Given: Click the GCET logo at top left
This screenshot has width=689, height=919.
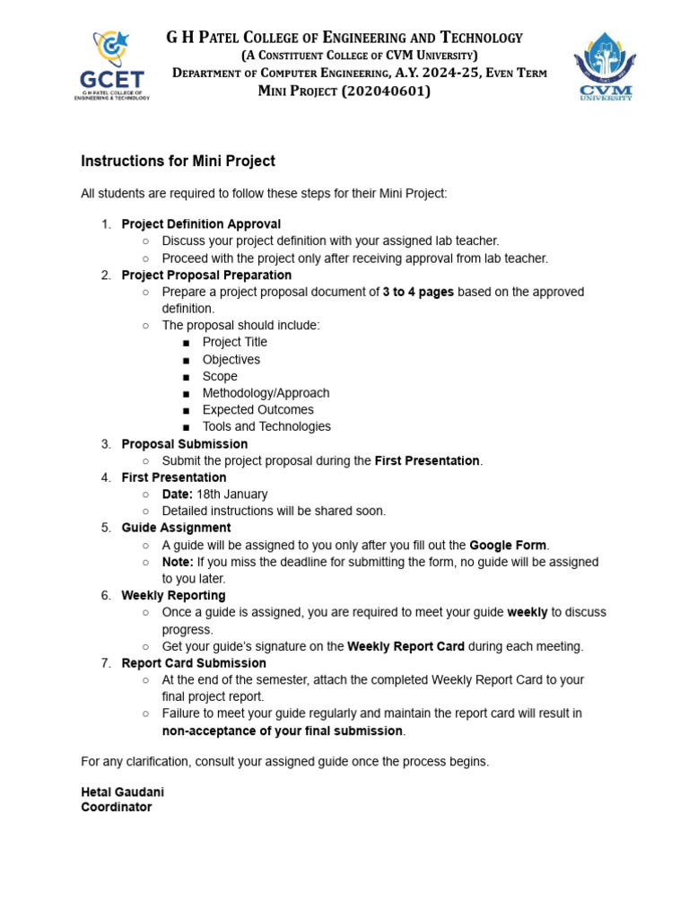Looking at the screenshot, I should (110, 65).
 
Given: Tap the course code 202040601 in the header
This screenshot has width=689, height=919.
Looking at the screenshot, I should (386, 91).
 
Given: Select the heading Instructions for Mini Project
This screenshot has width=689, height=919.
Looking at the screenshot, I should (178, 162).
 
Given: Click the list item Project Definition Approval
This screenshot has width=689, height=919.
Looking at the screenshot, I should (201, 224).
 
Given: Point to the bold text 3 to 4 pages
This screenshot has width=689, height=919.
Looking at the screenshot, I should (418, 292).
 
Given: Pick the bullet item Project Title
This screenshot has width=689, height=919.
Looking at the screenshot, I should (234, 342).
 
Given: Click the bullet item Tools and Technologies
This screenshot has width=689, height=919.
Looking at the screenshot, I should (266, 426).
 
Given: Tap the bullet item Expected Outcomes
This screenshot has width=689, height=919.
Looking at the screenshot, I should (257, 410).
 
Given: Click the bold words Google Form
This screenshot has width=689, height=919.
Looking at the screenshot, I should (508, 545).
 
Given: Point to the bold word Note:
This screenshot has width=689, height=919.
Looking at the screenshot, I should (178, 562).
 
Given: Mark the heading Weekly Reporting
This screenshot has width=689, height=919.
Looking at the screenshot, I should (173, 596).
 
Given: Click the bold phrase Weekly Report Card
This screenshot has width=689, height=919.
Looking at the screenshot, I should (406, 646).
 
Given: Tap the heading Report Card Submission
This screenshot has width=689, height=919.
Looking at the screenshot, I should (194, 663).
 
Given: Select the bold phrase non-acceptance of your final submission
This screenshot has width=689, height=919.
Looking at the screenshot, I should (283, 731).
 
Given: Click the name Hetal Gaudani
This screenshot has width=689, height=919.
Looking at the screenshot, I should (123, 792).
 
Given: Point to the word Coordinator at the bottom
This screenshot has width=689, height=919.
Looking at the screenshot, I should (117, 807).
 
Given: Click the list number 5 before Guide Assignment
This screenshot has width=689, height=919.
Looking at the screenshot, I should (106, 528).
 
